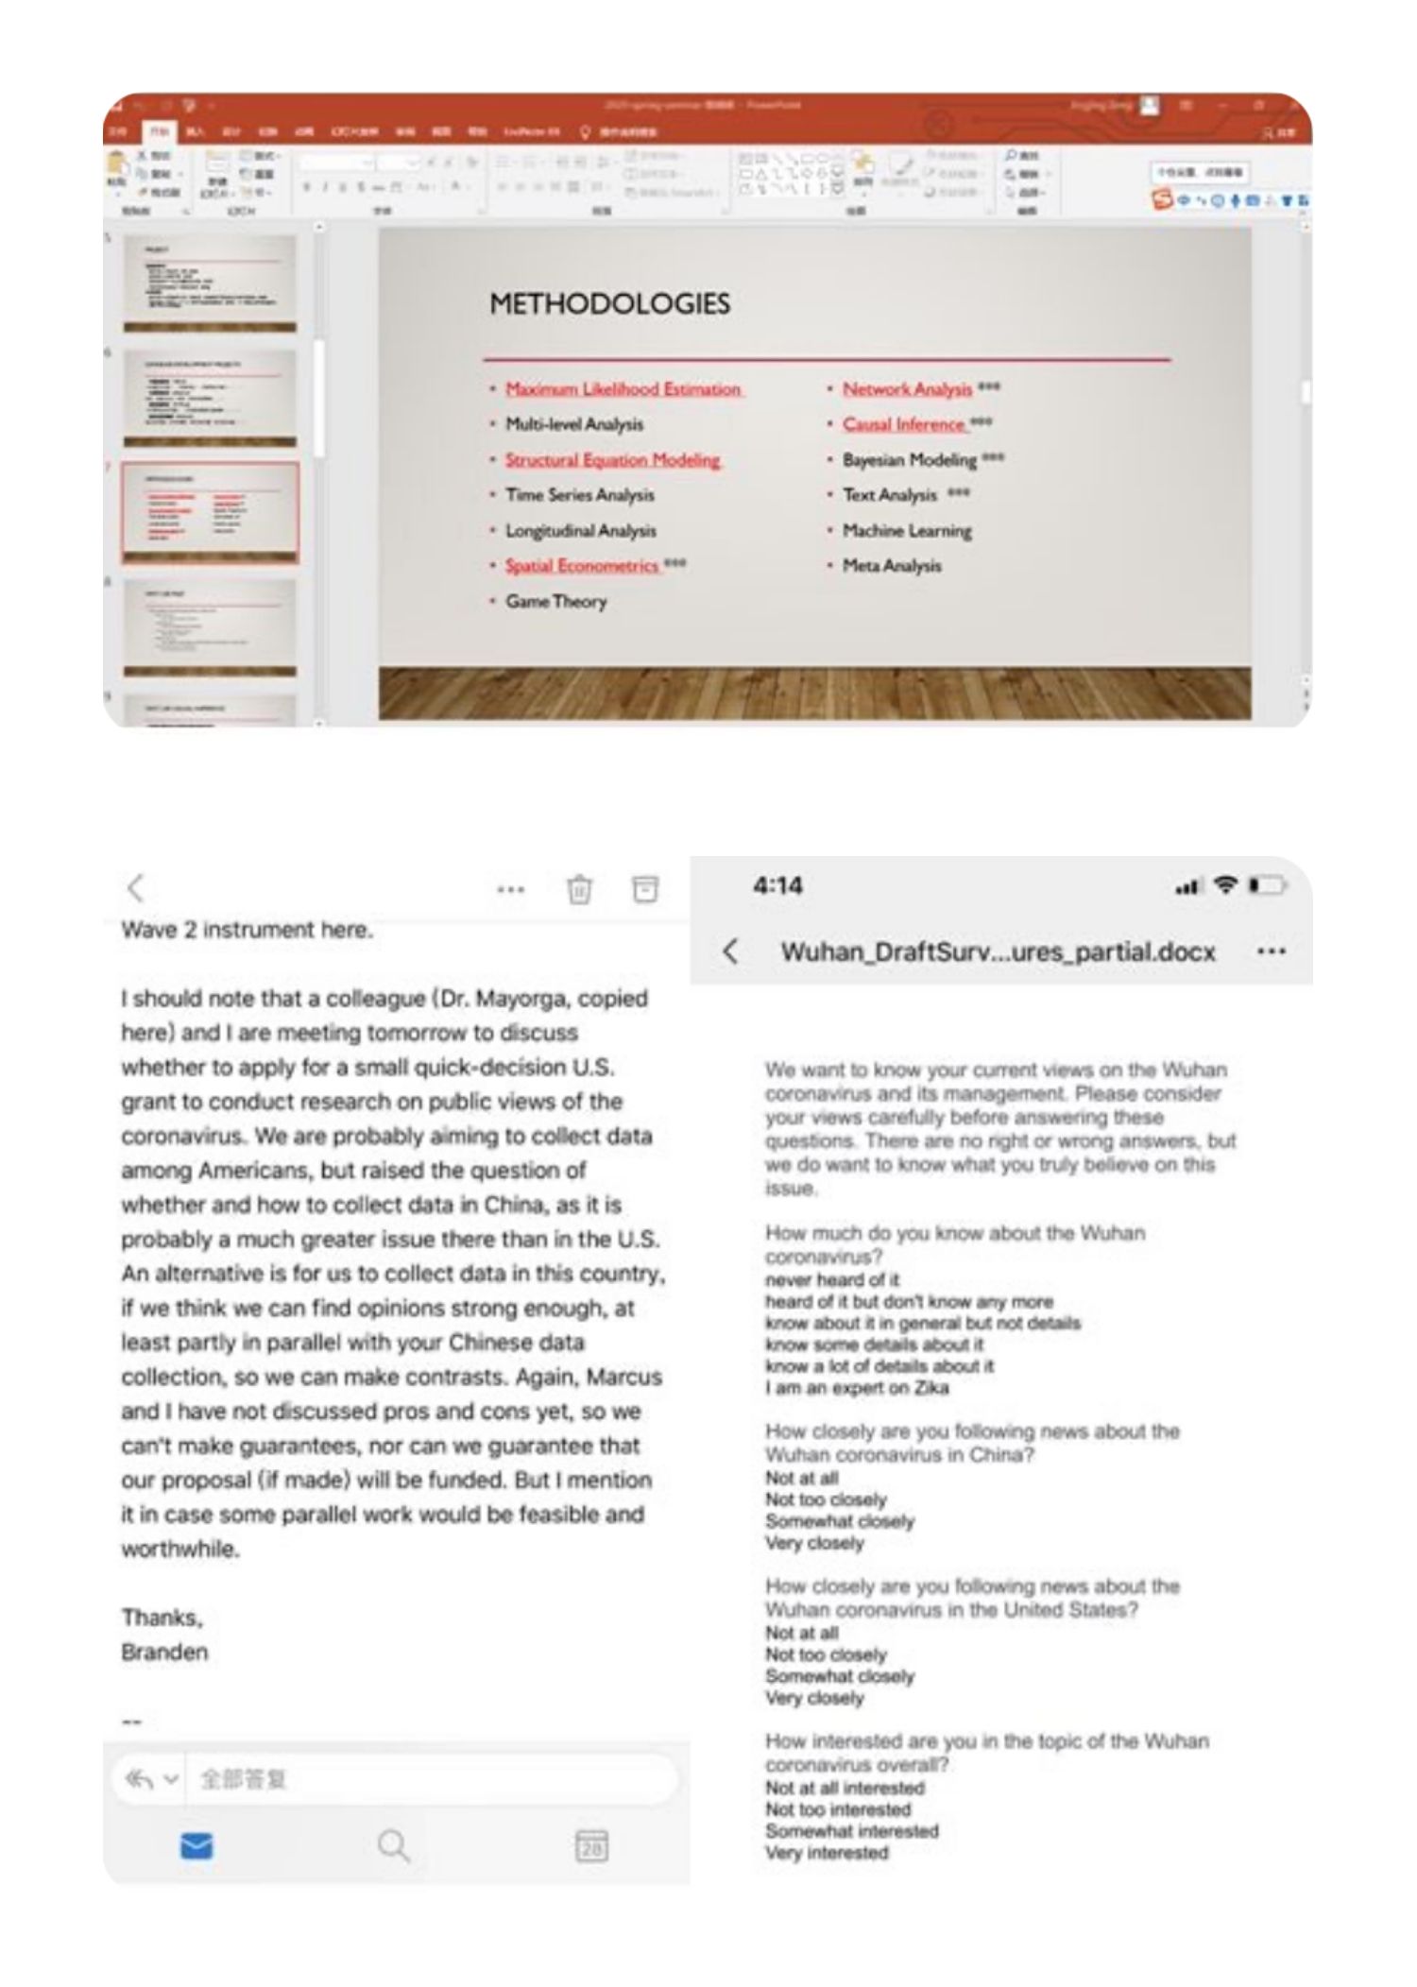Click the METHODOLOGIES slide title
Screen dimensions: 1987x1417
[609, 304]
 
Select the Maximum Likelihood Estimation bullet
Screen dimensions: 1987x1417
[623, 389]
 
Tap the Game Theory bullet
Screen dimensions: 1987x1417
[555, 602]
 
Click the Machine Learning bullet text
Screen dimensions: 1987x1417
[907, 531]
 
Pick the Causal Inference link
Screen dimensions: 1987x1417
[904, 424]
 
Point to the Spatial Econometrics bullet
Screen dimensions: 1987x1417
[581, 566]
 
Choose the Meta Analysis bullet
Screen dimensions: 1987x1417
[892, 566]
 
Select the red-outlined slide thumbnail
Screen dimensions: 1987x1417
[210, 512]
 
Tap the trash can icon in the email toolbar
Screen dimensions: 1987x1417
[579, 889]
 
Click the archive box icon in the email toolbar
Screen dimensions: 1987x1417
[645, 888]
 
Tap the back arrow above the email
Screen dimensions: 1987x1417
[136, 888]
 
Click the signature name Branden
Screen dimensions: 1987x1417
[164, 1653]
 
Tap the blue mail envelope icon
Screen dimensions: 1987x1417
[196, 1845]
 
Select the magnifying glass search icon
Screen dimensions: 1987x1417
[393, 1845]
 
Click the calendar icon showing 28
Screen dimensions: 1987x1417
[591, 1845]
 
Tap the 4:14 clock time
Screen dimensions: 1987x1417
[777, 886]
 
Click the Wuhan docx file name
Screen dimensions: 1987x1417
[998, 951]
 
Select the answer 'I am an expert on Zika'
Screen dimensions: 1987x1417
[857, 1388]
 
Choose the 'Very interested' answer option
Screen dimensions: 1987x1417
[827, 1853]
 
